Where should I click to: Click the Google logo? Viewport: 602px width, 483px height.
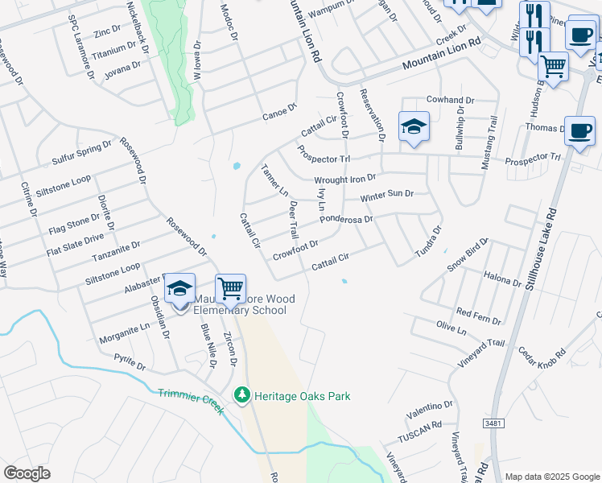[27, 473]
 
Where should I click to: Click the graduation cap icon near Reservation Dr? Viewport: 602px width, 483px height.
[414, 126]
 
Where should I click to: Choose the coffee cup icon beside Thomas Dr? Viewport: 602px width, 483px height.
[579, 131]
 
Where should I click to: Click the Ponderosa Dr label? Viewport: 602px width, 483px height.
[346, 219]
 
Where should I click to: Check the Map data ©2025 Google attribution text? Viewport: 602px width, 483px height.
[551, 476]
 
